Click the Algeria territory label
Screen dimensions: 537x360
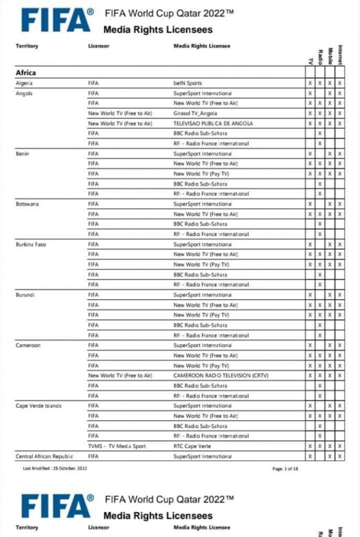coord(24,83)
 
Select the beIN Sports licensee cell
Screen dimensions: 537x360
coord(188,83)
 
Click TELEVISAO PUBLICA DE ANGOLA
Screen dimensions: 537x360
coord(213,123)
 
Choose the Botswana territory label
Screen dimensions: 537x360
coord(27,204)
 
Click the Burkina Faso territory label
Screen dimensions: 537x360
coord(31,245)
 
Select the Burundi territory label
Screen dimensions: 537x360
coord(25,295)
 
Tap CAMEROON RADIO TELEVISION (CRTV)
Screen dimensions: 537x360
coord(221,376)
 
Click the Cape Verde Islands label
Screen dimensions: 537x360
coord(38,406)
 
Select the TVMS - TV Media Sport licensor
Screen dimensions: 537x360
coord(117,446)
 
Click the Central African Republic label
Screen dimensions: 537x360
coord(44,456)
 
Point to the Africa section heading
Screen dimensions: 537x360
coord(26,72)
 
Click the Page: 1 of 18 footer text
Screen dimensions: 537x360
coord(285,469)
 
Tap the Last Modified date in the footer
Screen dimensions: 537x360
coord(55,469)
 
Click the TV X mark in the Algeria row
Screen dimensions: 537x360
coord(310,83)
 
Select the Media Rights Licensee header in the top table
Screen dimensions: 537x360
coord(202,46)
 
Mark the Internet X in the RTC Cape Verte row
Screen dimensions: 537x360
coord(340,446)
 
